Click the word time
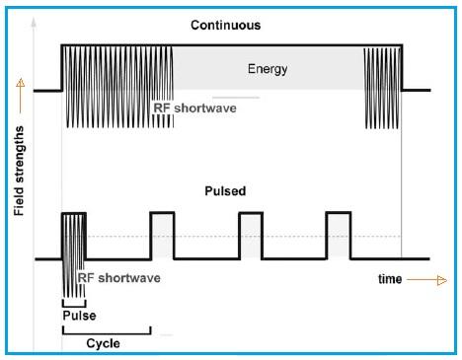(390, 279)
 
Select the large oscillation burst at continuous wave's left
(117, 86)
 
